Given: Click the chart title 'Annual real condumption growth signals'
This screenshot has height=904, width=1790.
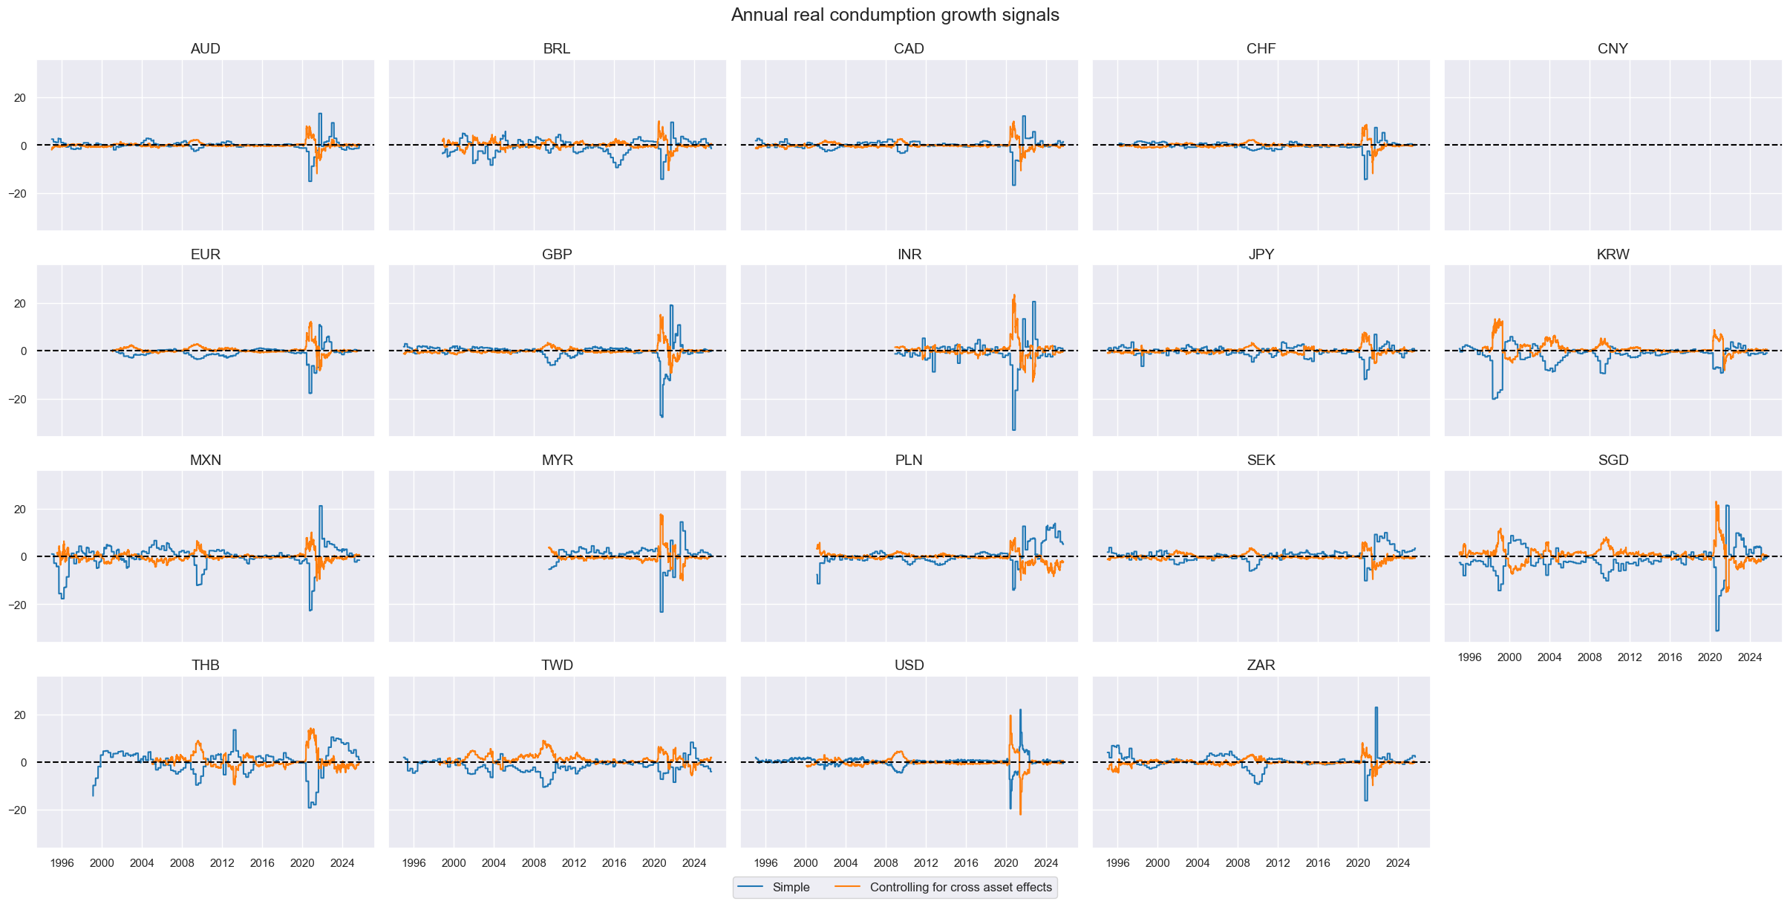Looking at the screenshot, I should tap(895, 15).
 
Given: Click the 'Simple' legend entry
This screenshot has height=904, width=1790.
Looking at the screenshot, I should tap(790, 887).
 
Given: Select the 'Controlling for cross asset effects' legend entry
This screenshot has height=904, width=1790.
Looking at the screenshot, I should tap(960, 887).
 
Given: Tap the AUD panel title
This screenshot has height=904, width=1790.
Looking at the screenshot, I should tap(206, 49).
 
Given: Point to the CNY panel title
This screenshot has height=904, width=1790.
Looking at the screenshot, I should tap(1613, 49).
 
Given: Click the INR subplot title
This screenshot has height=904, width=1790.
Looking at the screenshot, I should tap(909, 255).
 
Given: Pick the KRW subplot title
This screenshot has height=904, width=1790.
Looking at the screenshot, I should tap(1613, 255).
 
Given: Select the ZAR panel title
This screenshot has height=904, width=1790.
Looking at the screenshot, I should tap(1261, 666).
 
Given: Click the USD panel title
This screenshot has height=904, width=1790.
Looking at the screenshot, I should tap(909, 666).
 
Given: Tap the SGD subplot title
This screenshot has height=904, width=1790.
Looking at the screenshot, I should tap(1613, 461).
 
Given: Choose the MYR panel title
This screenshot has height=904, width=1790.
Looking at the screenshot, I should tap(557, 461).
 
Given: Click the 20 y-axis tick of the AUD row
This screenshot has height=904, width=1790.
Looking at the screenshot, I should tap(19, 98).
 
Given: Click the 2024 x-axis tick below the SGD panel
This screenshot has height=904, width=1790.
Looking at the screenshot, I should tap(1750, 657).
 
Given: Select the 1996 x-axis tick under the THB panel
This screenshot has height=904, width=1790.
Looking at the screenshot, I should tap(62, 863).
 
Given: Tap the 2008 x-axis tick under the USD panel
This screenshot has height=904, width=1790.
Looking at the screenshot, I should tap(886, 863).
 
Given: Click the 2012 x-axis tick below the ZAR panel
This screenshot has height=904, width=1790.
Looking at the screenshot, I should tap(1278, 863).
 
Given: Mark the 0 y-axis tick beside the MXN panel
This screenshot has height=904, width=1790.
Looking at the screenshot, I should tap(24, 557).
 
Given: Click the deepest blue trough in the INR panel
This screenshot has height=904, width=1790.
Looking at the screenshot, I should tap(1014, 429).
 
